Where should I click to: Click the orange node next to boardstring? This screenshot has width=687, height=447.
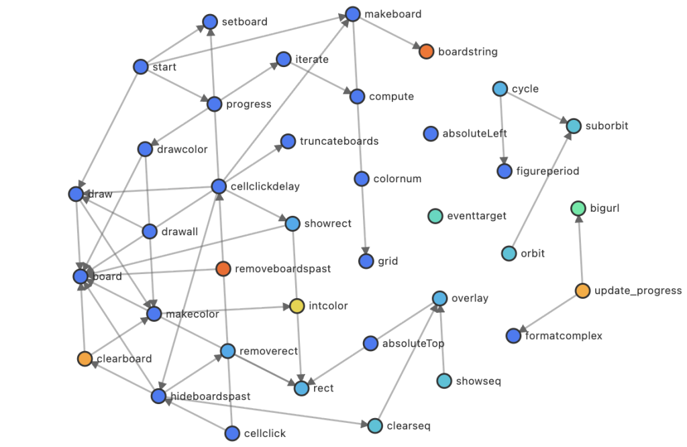pyautogui.click(x=426, y=52)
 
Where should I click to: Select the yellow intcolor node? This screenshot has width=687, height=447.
pyautogui.click(x=297, y=306)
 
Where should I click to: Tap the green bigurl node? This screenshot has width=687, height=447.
pyautogui.click(x=578, y=208)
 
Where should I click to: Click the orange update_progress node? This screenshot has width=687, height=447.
pyautogui.click(x=582, y=291)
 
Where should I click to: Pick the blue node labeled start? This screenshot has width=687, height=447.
pyautogui.click(x=140, y=67)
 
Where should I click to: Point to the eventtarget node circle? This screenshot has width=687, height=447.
pyautogui.click(x=435, y=216)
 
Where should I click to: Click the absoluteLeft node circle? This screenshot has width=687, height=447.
pyautogui.click(x=431, y=134)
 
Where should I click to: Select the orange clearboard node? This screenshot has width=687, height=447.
pyautogui.click(x=85, y=359)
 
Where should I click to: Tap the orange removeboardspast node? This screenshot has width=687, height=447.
pyautogui.click(x=223, y=269)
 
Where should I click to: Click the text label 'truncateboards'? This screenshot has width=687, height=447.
pyautogui.click(x=339, y=141)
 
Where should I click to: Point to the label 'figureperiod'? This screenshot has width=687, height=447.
pyautogui.click(x=548, y=172)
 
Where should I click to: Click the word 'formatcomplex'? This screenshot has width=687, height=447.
pyautogui.click(x=564, y=336)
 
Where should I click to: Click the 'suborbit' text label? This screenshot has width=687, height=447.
pyautogui.click(x=606, y=125)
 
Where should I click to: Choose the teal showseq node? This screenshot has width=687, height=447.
pyautogui.click(x=443, y=381)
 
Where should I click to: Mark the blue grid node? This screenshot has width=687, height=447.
pyautogui.click(x=366, y=261)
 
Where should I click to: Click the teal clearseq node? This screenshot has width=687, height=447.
pyautogui.click(x=375, y=426)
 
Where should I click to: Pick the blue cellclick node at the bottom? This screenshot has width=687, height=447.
pyautogui.click(x=233, y=434)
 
